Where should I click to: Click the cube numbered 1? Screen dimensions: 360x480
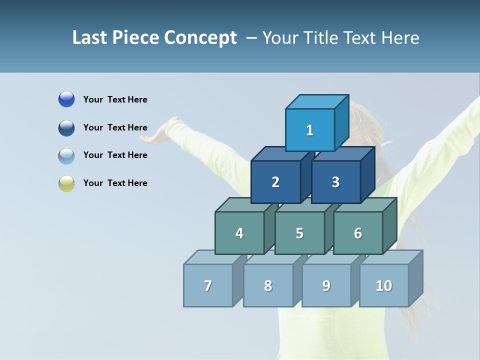(x=310, y=130)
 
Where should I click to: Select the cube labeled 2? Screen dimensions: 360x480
(x=275, y=182)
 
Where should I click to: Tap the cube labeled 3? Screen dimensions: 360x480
(x=335, y=182)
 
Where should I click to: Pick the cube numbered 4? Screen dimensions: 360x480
(x=239, y=233)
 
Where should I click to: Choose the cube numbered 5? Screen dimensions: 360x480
(x=299, y=233)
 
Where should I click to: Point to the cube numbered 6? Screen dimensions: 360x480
(x=358, y=233)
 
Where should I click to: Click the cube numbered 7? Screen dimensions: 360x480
(x=208, y=285)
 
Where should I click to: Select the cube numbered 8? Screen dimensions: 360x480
(x=268, y=285)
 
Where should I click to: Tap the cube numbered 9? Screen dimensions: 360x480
(x=326, y=285)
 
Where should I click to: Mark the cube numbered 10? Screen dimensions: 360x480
(x=384, y=285)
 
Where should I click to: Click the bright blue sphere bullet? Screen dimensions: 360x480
(x=66, y=99)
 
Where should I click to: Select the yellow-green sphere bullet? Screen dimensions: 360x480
(x=66, y=183)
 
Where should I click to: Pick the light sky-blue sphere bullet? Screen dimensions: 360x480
(x=66, y=156)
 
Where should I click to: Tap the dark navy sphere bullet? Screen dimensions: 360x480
(x=66, y=128)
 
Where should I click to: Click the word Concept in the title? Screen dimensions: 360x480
(x=201, y=38)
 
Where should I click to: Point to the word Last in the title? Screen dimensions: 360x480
(x=90, y=38)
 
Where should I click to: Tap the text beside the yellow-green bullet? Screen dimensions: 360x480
(x=115, y=183)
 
